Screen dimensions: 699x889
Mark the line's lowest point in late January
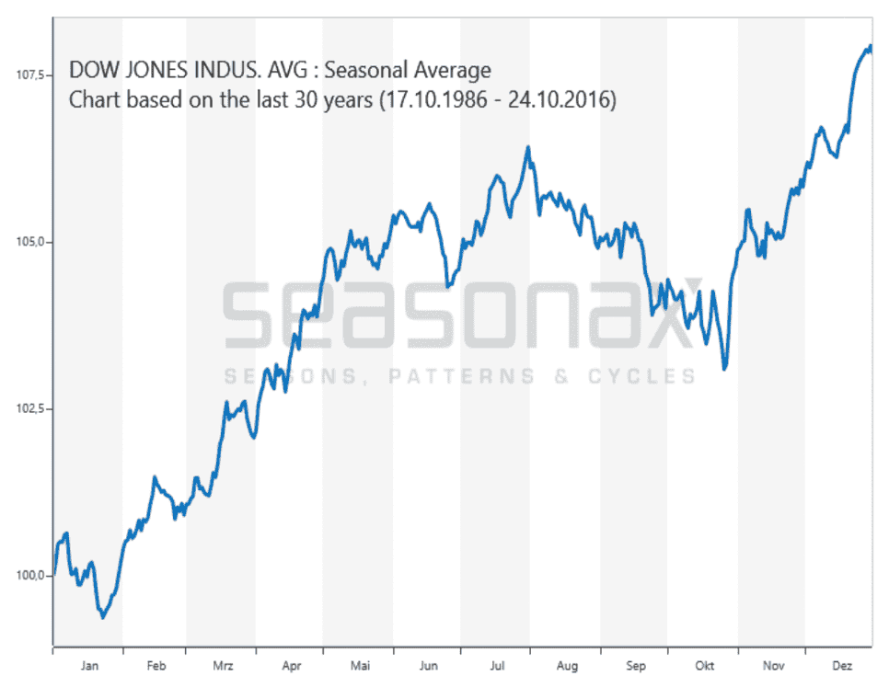click(x=103, y=617)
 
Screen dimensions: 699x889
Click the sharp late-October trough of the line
click(x=725, y=369)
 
